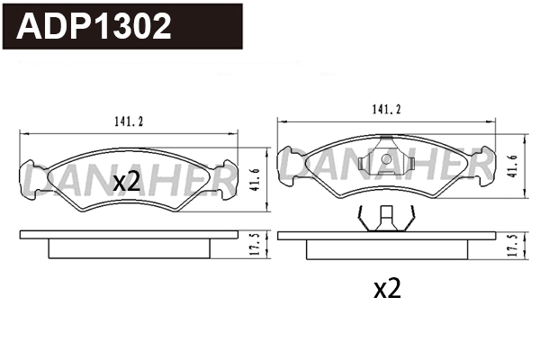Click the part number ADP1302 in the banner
pyautogui.click(x=94, y=26)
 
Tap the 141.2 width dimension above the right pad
pyautogui.click(x=385, y=110)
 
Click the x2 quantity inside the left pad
pyautogui.click(x=127, y=183)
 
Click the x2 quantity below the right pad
pyautogui.click(x=386, y=289)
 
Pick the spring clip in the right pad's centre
pyautogui.click(x=385, y=162)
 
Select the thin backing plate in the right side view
pyautogui.click(x=385, y=236)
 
